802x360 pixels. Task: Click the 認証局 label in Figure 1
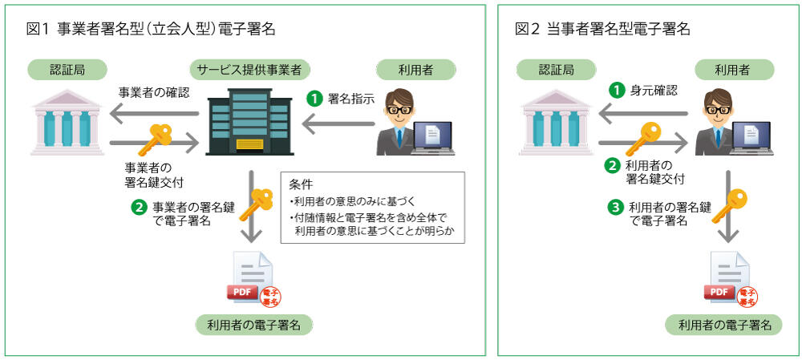tap(67, 70)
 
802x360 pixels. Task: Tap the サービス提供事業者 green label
tap(249, 70)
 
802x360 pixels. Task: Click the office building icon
tap(249, 122)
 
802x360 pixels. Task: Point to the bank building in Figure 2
tap(556, 122)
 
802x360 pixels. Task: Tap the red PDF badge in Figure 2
tap(720, 292)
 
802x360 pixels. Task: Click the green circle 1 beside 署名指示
tap(314, 99)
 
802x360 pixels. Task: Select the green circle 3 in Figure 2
tap(615, 208)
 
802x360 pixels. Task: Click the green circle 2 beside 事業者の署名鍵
tap(139, 208)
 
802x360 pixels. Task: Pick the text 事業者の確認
tap(154, 92)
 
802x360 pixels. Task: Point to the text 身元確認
tap(654, 91)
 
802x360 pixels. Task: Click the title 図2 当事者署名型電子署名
tap(602, 29)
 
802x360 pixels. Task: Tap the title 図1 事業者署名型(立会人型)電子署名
tap(151, 29)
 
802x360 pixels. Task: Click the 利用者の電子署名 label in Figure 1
tap(253, 325)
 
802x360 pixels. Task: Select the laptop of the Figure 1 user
tap(433, 138)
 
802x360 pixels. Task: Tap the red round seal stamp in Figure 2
tap(747, 297)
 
